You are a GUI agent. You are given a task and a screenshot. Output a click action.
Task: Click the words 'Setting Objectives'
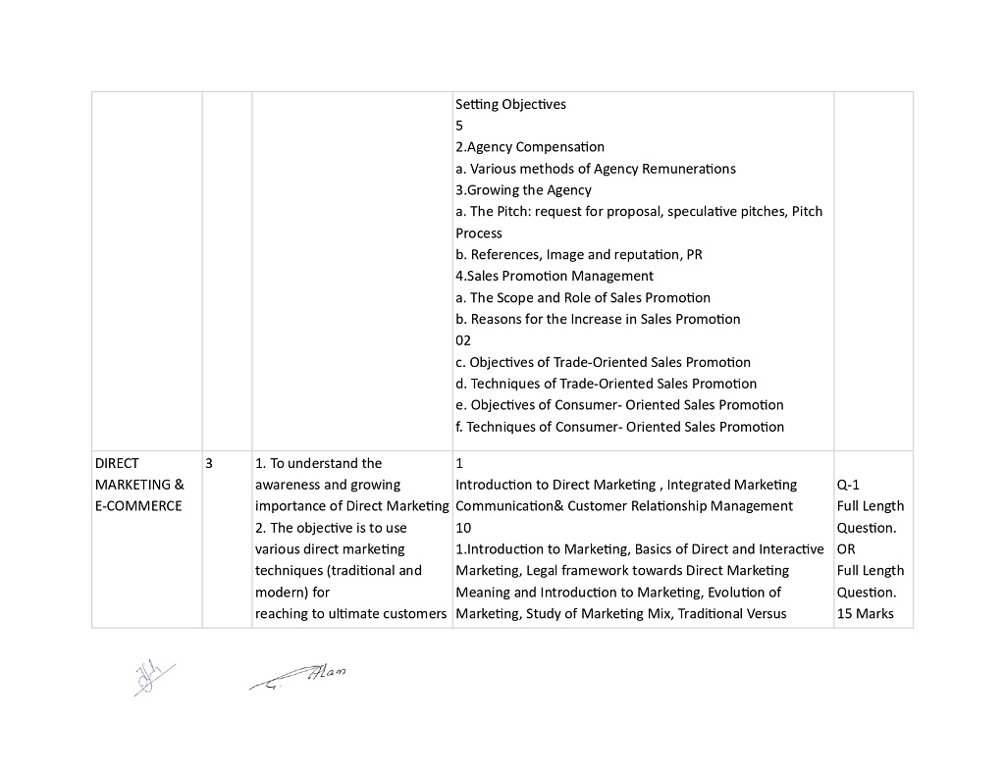510,104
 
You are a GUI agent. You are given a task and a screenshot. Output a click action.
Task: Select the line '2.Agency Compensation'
530,147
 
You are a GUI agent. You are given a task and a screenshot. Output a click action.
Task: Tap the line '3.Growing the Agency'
523,190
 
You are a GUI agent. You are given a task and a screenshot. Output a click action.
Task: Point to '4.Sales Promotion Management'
554,277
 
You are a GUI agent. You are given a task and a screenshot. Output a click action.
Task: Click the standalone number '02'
463,340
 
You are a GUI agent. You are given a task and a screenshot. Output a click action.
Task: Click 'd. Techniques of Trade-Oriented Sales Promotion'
606,384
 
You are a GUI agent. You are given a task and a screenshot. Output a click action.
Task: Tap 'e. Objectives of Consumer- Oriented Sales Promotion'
619,405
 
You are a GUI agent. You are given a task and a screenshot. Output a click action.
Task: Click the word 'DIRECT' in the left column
117,463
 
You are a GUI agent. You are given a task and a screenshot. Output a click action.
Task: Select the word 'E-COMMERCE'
138,506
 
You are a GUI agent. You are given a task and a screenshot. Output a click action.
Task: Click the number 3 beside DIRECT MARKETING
209,463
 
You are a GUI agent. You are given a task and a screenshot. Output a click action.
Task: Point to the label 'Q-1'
850,485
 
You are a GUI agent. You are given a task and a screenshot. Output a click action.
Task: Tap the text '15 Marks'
866,614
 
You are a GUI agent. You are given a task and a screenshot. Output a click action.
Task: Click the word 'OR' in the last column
847,549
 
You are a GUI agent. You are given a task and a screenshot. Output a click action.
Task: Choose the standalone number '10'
463,528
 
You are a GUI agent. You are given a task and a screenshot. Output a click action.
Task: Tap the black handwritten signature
299,677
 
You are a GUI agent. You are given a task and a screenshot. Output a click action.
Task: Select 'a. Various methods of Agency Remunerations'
595,169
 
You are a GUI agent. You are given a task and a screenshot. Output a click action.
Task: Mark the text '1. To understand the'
318,463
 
